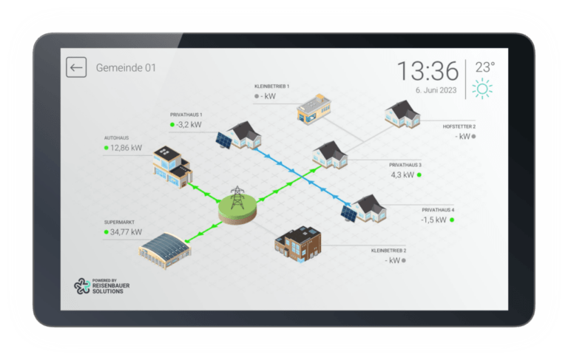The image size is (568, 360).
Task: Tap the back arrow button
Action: [76, 67]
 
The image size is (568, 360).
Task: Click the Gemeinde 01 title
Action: [126, 68]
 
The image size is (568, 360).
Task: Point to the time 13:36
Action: [427, 71]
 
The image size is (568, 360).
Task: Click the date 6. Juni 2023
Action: [436, 90]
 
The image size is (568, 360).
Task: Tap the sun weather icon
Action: [482, 89]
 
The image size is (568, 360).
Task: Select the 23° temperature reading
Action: [484, 67]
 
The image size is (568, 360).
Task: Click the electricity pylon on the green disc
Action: [237, 197]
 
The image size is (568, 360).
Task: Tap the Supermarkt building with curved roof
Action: [165, 251]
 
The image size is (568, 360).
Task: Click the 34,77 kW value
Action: [126, 232]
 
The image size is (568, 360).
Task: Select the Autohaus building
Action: [172, 166]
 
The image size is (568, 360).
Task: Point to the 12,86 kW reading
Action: [126, 148]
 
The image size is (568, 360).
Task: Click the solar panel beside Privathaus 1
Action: [224, 140]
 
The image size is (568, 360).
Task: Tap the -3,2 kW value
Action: [189, 125]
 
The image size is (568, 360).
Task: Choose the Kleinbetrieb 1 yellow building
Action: [314, 109]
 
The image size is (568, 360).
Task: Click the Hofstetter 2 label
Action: [459, 126]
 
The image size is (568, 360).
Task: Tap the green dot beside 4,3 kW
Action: [419, 175]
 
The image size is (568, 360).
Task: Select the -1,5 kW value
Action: [433, 220]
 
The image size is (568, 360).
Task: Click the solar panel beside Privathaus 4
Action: [349, 214]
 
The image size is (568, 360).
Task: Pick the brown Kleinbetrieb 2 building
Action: [298, 244]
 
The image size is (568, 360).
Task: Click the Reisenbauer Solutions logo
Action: [102, 286]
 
